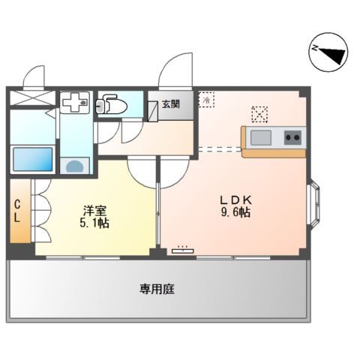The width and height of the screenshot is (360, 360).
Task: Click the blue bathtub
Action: pyautogui.click(x=32, y=160)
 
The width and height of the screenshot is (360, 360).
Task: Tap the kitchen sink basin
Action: pyautogui.click(x=261, y=136)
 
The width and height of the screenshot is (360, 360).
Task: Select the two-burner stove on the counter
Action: pyautogui.click(x=291, y=136)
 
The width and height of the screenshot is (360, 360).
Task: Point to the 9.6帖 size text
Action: pyautogui.click(x=235, y=213)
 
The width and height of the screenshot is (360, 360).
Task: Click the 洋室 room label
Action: pyautogui.click(x=94, y=211)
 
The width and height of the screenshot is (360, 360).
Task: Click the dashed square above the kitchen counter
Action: pyautogui.click(x=259, y=113)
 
